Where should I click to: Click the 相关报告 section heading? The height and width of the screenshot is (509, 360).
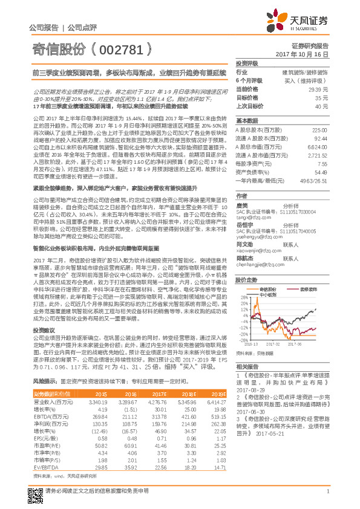247,366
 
